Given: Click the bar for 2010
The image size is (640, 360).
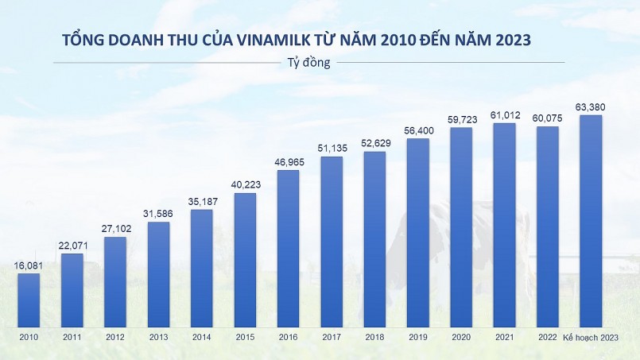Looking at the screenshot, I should pos(29,300).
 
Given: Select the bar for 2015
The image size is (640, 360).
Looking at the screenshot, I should pos(245,260).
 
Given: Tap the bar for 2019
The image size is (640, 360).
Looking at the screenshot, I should pos(418,232).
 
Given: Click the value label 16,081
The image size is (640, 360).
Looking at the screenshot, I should pos(29,266).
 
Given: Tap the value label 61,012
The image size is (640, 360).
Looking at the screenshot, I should pos(505,115).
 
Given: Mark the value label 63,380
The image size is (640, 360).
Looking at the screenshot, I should pos(591,107).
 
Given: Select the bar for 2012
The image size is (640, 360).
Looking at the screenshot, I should pos(115,281).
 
